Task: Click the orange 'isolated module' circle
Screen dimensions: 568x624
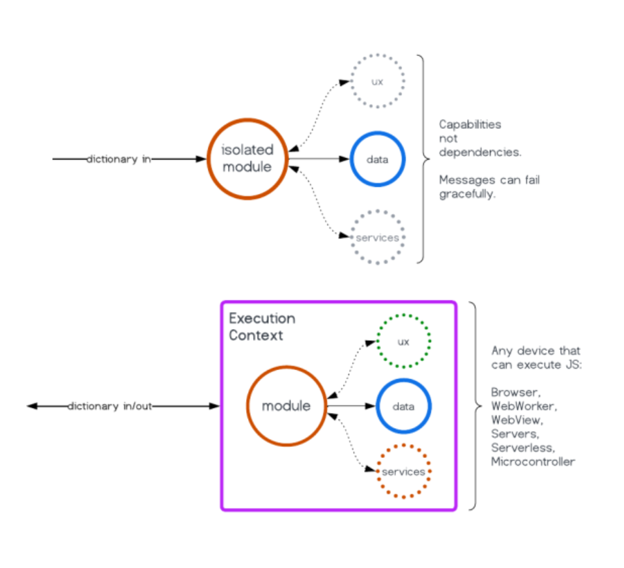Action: click(x=248, y=158)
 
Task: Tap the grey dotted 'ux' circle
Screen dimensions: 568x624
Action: click(x=377, y=82)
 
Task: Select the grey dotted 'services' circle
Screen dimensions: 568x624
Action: click(x=377, y=238)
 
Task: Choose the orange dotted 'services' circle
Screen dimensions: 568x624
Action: click(x=403, y=471)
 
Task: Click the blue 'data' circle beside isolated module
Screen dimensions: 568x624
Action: click(x=378, y=159)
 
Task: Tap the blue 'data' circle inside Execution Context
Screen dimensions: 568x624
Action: click(x=404, y=406)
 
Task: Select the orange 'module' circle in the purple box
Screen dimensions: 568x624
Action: click(x=286, y=406)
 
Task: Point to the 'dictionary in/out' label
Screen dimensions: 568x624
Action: click(x=110, y=406)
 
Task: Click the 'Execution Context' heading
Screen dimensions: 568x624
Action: click(x=261, y=327)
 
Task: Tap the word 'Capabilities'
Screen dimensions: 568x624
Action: click(x=470, y=124)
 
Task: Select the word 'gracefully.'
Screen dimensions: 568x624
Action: click(x=467, y=193)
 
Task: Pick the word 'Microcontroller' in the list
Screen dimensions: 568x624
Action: click(x=533, y=462)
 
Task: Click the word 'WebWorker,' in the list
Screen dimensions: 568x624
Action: click(x=524, y=406)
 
